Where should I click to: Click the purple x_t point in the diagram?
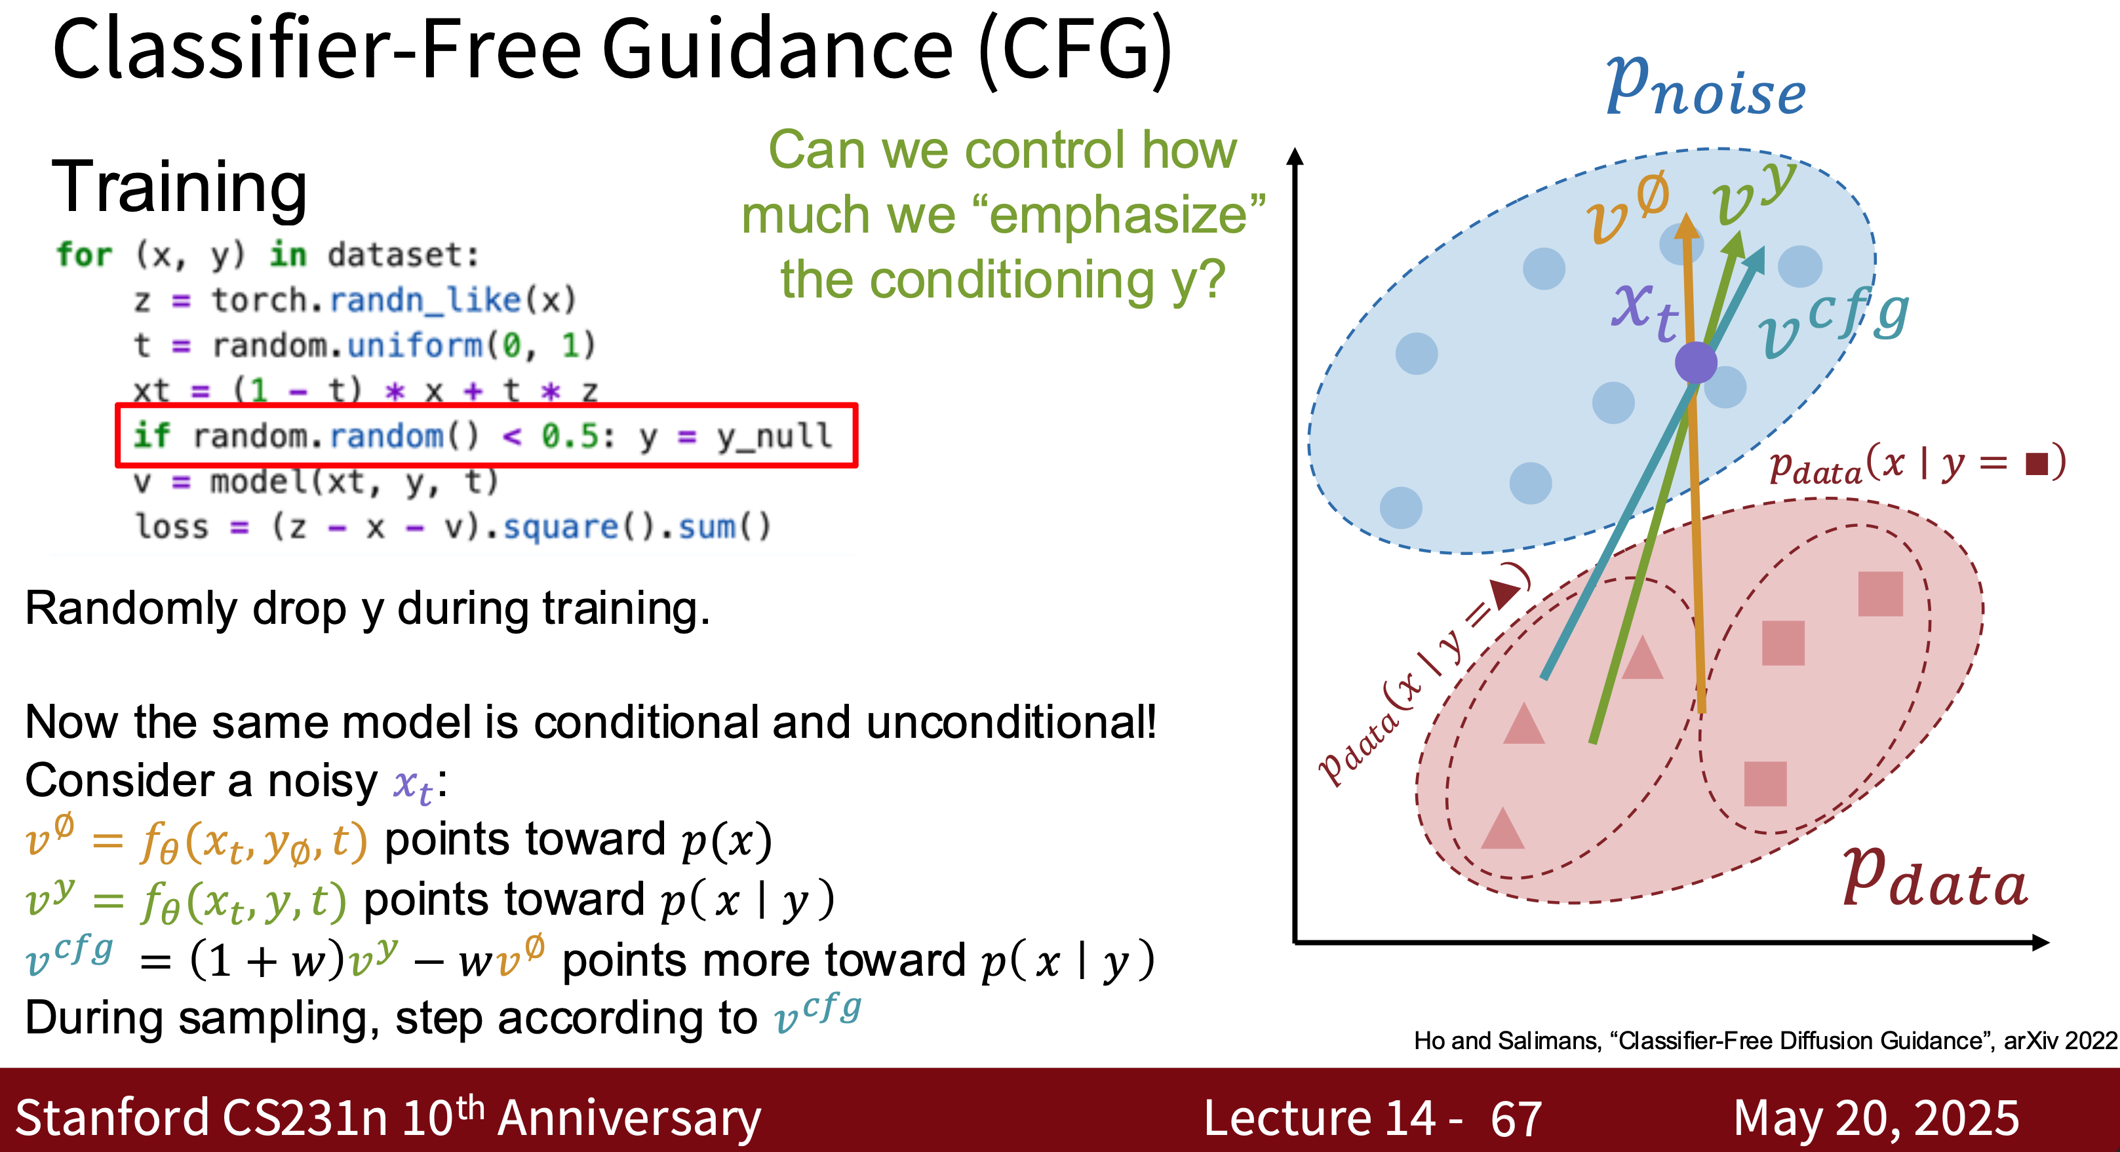1695,362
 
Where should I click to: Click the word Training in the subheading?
180,187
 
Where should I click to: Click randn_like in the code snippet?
425,299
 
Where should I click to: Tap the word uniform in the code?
416,345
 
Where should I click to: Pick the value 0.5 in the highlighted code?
570,435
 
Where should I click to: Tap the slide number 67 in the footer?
1516,1119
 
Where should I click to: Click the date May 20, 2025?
1875,1119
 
